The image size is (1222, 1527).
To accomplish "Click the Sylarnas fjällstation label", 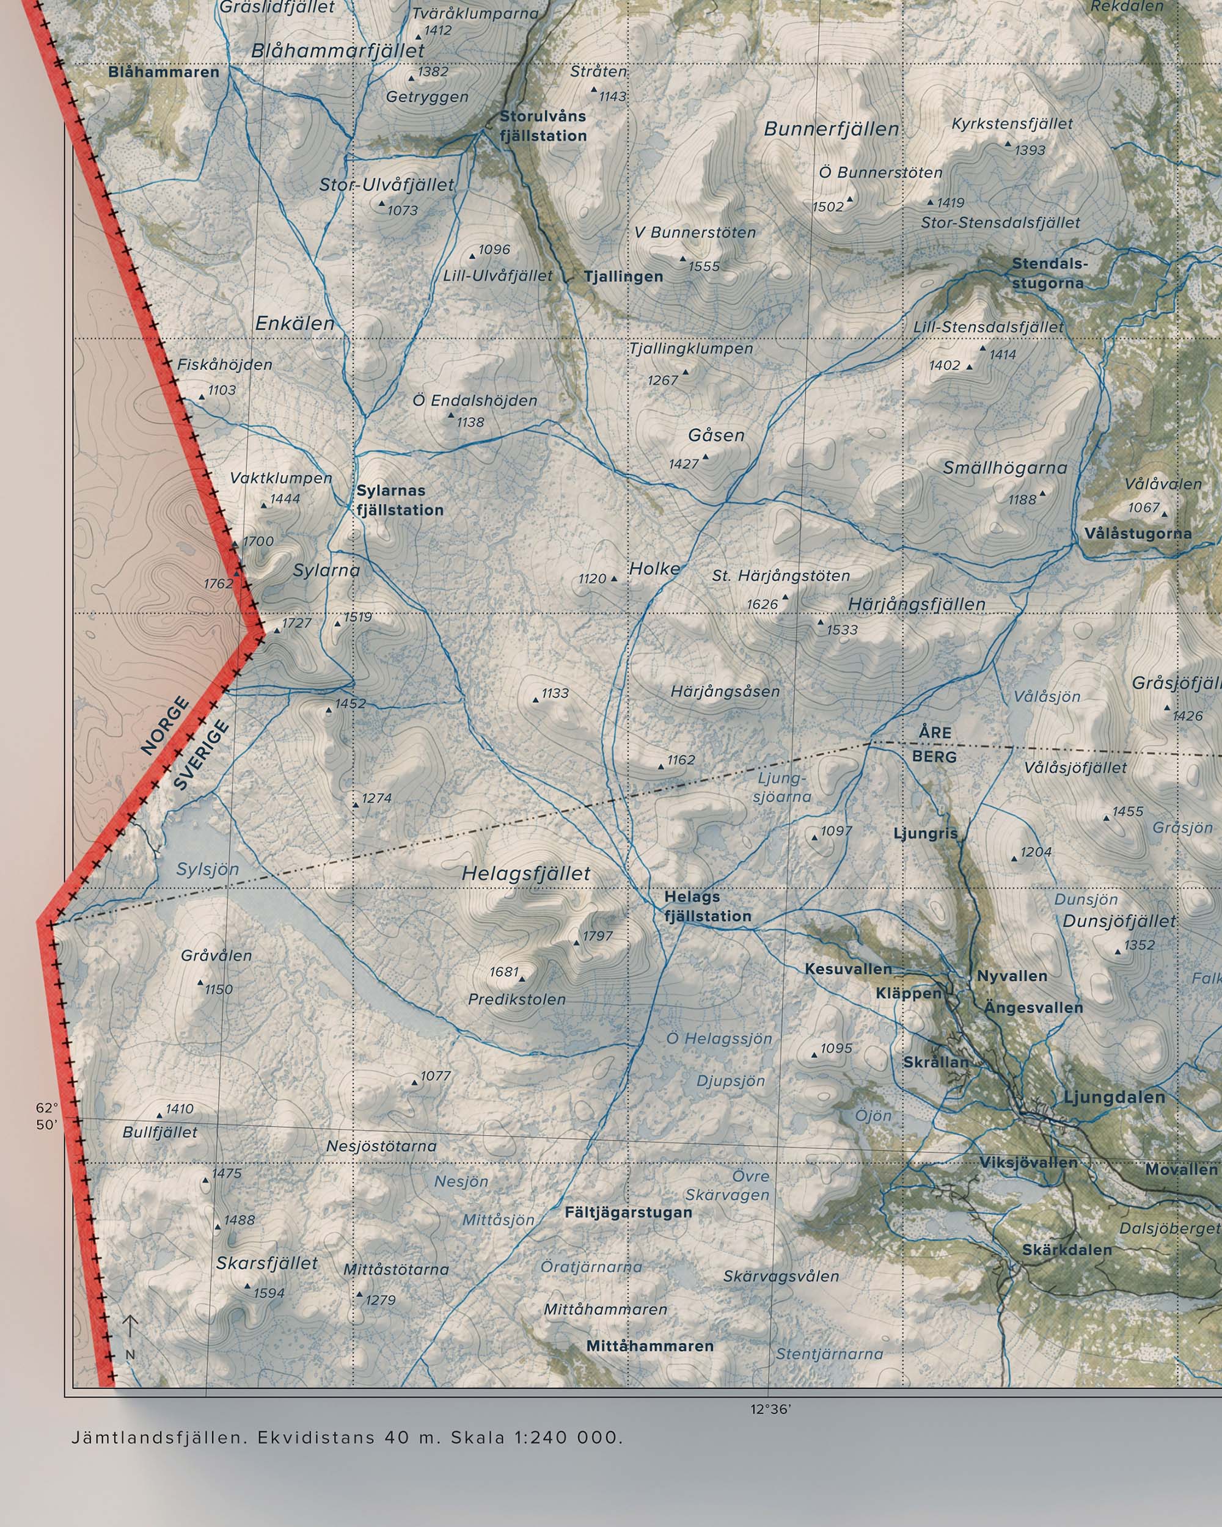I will tap(400, 500).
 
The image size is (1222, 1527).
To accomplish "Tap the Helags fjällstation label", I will tap(707, 906).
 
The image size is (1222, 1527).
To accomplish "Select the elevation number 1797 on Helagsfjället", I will tap(597, 936).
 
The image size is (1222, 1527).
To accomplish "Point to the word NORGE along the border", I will tap(166, 726).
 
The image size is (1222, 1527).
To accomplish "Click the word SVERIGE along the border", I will tap(202, 755).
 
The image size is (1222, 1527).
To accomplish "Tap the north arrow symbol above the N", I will tap(130, 1328).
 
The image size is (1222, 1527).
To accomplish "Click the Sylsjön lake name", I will tap(208, 869).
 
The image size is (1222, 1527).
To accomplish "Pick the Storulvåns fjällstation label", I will tap(543, 125).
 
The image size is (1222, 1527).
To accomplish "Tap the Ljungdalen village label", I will tap(1114, 1098).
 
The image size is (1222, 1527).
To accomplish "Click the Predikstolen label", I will tap(516, 999).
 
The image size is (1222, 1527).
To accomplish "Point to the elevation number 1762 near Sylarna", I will tap(218, 583).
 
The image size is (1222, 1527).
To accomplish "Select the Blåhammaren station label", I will tap(164, 72).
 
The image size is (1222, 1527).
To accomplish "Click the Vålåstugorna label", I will tap(1138, 533).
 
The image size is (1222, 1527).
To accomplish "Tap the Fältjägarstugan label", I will tap(628, 1212).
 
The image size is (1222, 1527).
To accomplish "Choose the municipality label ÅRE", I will tap(935, 732).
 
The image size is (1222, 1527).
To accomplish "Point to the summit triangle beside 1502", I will tap(850, 200).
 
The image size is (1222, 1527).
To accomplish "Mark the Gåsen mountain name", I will tap(716, 435).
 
